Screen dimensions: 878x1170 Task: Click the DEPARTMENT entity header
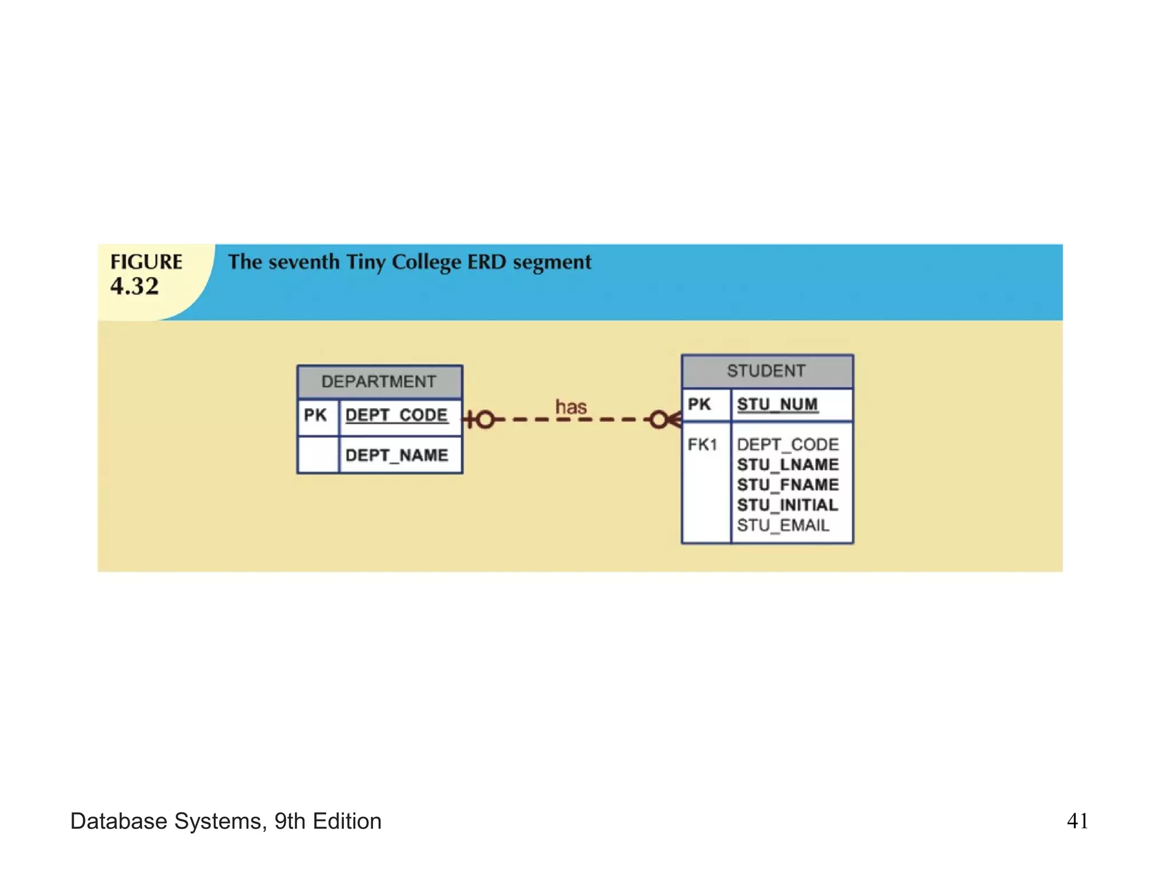coord(379,382)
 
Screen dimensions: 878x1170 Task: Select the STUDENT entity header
coord(767,371)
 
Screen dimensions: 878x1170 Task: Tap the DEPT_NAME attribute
coord(396,456)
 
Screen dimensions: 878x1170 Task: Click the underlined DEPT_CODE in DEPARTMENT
coord(396,415)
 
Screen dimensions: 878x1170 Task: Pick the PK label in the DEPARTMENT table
coord(315,415)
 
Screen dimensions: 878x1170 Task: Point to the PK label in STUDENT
coord(699,405)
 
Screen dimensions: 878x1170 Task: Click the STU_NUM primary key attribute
coord(778,405)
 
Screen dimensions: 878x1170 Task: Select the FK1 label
coord(702,445)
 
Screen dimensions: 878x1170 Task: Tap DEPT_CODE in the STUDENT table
coord(788,445)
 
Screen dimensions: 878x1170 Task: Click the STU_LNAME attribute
coord(788,465)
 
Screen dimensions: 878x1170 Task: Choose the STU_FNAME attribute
coord(788,485)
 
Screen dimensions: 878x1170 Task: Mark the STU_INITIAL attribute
coord(787,505)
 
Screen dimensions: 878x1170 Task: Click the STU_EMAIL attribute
coord(783,525)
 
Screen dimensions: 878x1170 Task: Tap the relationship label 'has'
coord(571,408)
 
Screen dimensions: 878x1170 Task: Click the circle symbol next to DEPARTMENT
coord(486,420)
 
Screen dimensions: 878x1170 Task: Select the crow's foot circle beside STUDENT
coord(658,420)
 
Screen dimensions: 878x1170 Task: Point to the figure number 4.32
coord(135,286)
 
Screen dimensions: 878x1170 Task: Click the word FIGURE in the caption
coord(146,262)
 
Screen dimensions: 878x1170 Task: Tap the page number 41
coord(1077,821)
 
